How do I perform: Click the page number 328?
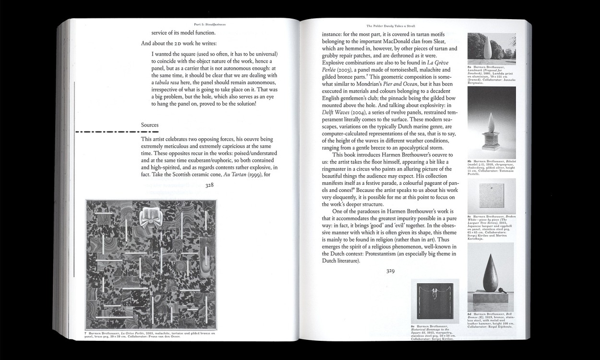pos(209,186)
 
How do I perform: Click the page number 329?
pos(390,271)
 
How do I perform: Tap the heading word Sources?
pos(150,125)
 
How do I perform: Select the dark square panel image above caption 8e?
pos(435,300)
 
